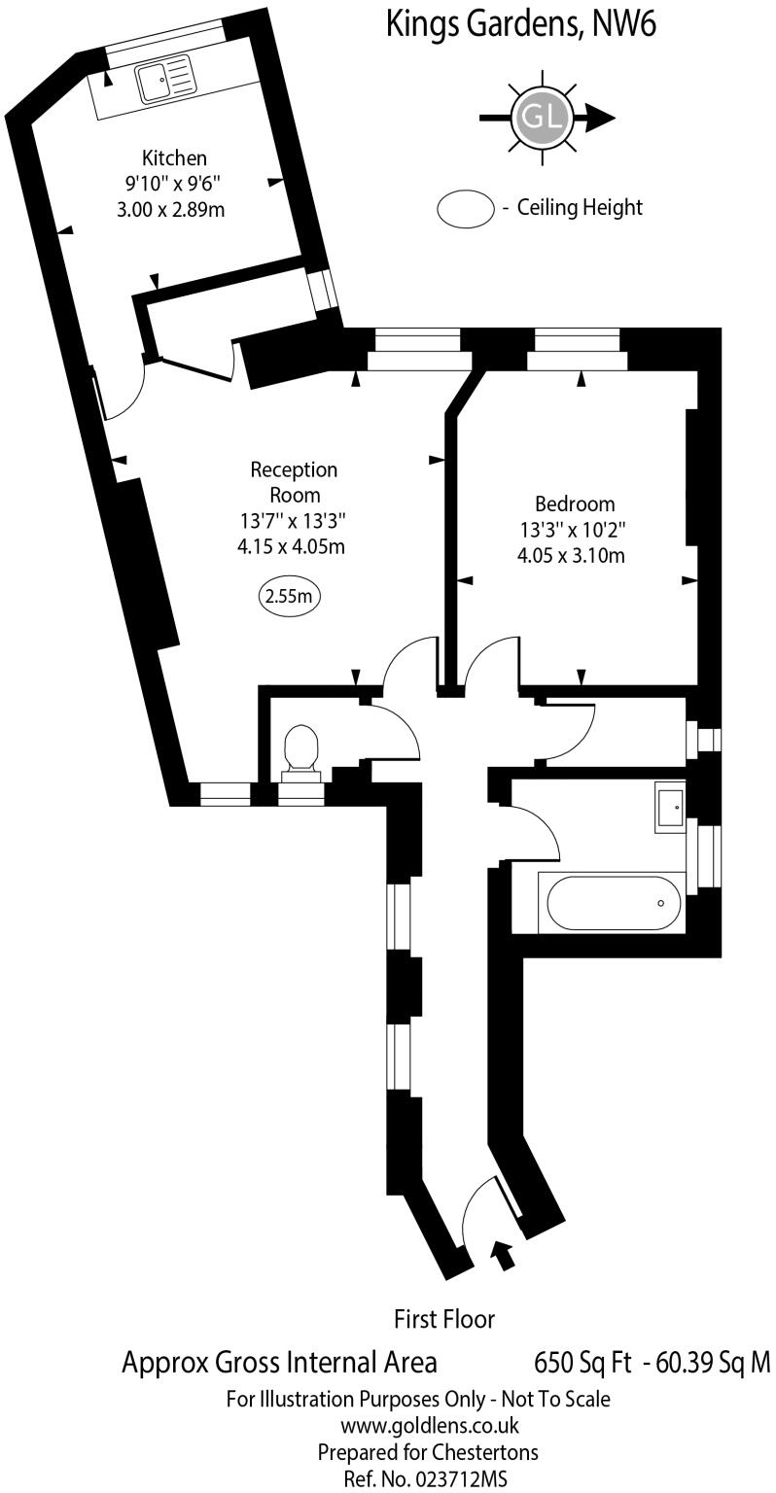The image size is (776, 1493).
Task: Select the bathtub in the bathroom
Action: click(614, 903)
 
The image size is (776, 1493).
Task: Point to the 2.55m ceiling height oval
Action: click(289, 596)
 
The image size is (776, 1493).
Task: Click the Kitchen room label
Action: click(175, 157)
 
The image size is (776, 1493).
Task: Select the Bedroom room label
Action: click(575, 504)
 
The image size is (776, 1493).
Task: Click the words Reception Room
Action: click(294, 482)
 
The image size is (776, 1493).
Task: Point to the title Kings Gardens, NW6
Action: click(521, 23)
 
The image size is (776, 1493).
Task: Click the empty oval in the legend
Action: click(466, 208)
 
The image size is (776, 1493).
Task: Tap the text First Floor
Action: click(443, 1319)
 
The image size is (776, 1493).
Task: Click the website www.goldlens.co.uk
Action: click(429, 1426)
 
